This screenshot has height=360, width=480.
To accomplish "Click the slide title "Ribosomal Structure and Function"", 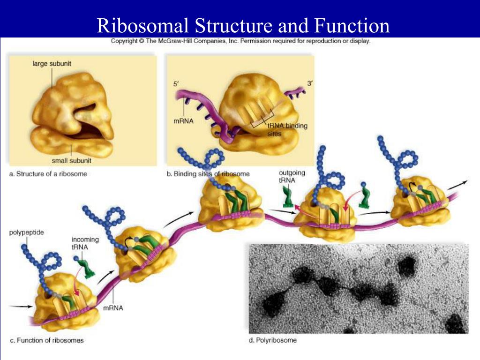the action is [243, 25].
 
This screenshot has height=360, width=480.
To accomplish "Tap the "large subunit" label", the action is [52, 63].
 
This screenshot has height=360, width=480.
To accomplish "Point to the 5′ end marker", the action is [176, 84].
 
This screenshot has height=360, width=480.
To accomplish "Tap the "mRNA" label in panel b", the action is [183, 120].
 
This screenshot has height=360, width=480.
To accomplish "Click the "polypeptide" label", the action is [27, 232].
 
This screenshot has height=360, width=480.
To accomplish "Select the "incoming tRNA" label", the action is [85, 243].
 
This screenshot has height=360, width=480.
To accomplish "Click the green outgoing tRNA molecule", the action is [287, 197].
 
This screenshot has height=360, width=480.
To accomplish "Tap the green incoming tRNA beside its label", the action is [85, 265].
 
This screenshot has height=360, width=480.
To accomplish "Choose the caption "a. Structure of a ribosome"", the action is [48, 174].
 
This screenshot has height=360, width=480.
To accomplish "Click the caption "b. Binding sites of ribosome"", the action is [208, 174].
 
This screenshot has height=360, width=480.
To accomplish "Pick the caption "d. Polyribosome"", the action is [272, 340].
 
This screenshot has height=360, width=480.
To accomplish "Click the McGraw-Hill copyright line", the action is [240, 41].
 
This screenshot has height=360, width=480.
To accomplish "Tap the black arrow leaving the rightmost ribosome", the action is [459, 184].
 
